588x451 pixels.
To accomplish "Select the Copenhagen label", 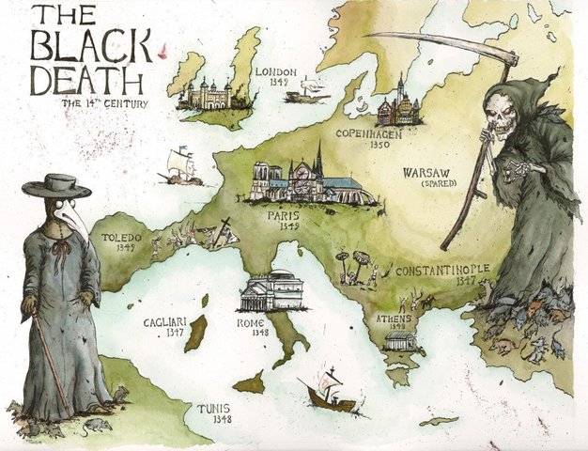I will [x=375, y=134].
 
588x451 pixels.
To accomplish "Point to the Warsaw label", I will [x=427, y=174].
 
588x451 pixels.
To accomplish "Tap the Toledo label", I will [x=121, y=239].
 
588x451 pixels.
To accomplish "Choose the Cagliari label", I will [x=164, y=322].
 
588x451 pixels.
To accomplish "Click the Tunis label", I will [x=214, y=409].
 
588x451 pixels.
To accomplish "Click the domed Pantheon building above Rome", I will [x=271, y=290].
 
